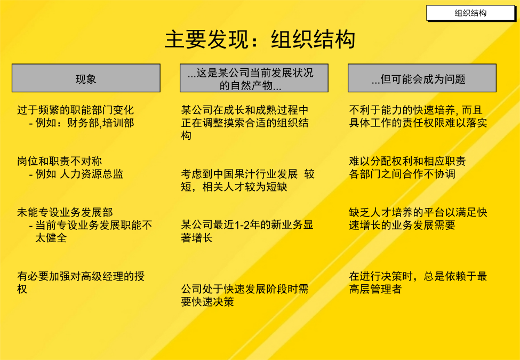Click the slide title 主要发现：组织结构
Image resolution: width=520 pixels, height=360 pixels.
tap(260, 39)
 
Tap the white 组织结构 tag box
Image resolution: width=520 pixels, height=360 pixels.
tap(470, 13)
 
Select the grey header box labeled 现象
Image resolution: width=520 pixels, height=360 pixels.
tap(86, 78)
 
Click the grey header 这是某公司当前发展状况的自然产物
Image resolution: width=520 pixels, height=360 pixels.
tap(254, 78)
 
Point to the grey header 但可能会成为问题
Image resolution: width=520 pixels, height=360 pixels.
tap(422, 78)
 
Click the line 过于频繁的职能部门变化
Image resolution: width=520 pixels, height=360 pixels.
tap(75, 110)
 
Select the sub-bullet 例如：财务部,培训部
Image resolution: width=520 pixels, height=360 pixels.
tap(82, 123)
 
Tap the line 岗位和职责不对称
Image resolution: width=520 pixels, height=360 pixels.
tap(59, 161)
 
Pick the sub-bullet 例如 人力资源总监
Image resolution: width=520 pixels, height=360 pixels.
tap(76, 174)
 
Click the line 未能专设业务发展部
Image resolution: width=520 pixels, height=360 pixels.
tap(65, 212)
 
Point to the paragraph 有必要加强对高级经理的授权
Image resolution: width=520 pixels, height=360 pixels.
tap(81, 283)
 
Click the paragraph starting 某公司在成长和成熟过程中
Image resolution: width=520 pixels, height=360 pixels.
tap(245, 123)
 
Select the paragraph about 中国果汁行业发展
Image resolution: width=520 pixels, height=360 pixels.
tap(247, 180)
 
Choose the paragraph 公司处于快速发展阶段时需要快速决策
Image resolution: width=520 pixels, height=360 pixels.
tap(245, 295)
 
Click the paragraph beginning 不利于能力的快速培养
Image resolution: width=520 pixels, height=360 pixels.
tap(418, 116)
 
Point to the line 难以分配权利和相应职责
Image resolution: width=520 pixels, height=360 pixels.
tap(407, 161)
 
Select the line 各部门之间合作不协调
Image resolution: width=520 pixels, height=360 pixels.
tap(402, 174)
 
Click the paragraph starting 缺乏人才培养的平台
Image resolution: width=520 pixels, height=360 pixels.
tap(418, 219)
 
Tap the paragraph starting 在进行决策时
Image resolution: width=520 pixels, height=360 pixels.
tap(418, 283)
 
